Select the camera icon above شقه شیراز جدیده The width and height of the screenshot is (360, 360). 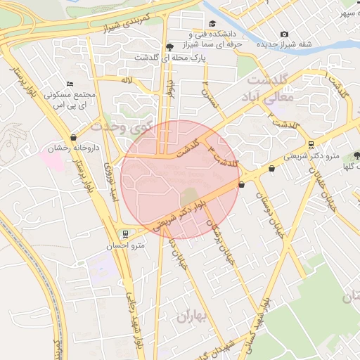(284, 34)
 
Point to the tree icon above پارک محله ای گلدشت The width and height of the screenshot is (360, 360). (169, 47)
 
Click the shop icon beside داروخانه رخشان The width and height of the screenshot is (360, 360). (74, 138)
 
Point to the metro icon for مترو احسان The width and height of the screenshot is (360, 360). (125, 234)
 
